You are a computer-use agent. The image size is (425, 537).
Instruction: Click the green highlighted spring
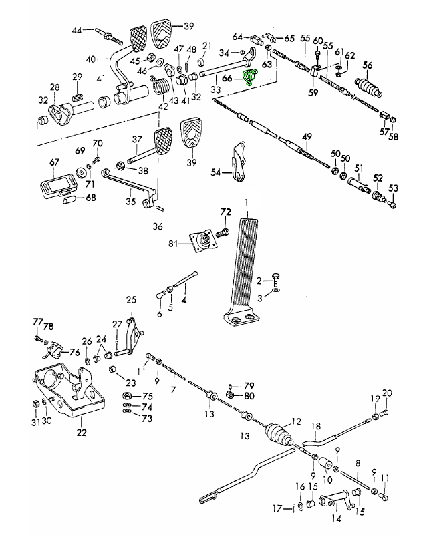251,77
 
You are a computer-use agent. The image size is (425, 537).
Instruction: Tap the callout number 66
227,78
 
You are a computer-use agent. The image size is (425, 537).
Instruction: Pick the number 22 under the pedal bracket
82,432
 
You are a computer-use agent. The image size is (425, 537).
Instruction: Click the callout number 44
76,30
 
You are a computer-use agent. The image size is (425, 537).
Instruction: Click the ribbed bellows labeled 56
367,87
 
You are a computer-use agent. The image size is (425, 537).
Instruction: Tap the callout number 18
317,425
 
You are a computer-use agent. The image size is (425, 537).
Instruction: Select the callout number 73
146,419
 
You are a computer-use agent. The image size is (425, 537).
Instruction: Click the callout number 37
137,140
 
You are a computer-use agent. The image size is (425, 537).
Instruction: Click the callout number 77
38,322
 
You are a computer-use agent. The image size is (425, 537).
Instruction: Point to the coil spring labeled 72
223,234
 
